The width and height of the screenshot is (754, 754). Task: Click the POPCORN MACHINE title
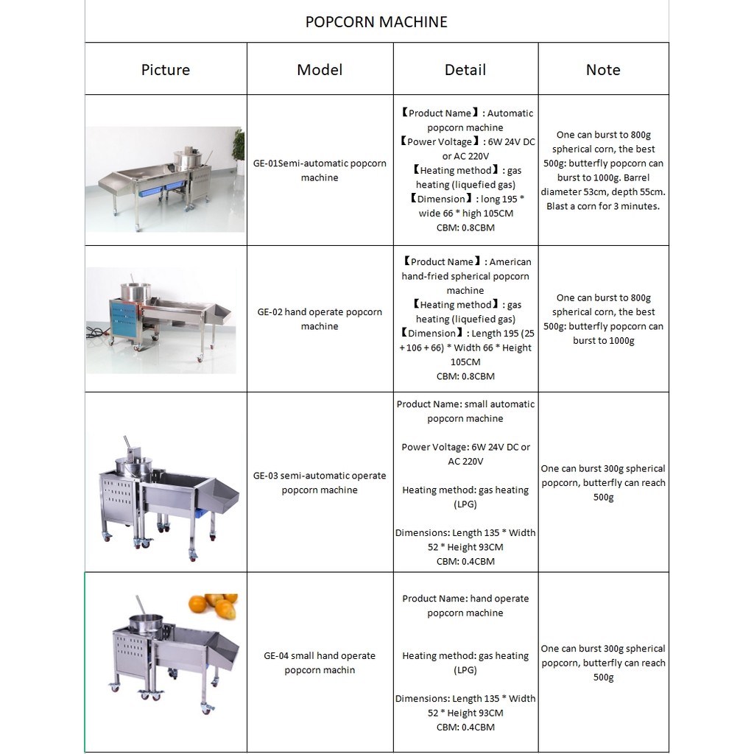coord(376,22)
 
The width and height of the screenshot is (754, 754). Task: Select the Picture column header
coord(166,70)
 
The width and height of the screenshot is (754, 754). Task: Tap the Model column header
coord(320,70)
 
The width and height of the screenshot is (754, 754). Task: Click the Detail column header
coord(465,70)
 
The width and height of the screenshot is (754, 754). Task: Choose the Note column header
coord(603,70)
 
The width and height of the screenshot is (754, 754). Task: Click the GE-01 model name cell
coord(320,170)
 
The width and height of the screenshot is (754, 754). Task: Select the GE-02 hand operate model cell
coord(320,319)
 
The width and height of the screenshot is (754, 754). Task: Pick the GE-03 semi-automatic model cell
coord(320,482)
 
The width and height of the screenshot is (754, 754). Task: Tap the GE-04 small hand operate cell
coord(320,663)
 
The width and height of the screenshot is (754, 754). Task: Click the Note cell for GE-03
coord(603,482)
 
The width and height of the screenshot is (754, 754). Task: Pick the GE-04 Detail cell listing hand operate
coord(465,605)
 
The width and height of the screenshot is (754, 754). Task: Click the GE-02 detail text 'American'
coord(510,262)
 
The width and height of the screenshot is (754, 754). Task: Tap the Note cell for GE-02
coord(603,319)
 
